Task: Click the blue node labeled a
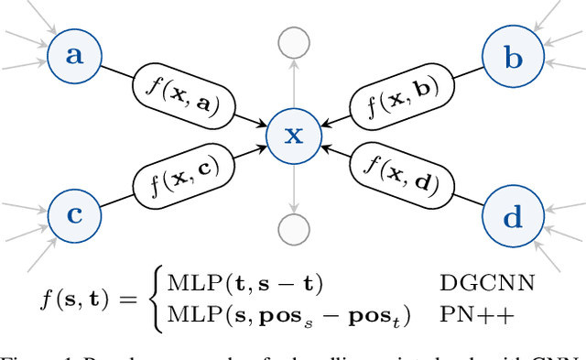click(x=74, y=56)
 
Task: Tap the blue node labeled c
click(x=74, y=217)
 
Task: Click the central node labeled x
click(x=293, y=136)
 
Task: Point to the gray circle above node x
click(x=293, y=43)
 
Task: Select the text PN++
click(x=464, y=314)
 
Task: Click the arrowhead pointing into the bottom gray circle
click(x=293, y=210)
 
